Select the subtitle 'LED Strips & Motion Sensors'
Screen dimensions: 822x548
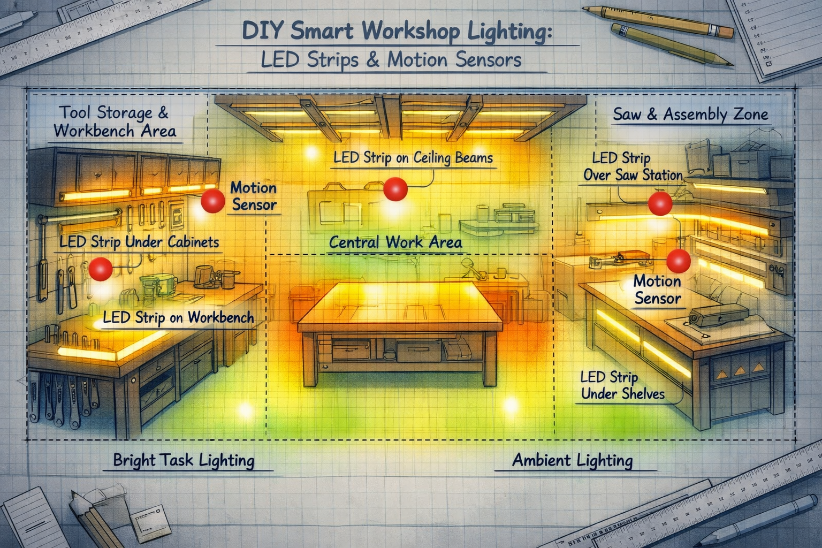[x=391, y=59]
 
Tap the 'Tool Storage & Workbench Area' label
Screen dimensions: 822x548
[x=115, y=121]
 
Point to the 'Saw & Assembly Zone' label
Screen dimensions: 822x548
[x=690, y=114]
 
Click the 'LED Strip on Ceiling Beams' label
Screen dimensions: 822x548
[x=413, y=158]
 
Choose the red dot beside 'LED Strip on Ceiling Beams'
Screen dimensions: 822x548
[x=396, y=189]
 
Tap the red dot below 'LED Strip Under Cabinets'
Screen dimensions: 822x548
[x=100, y=268]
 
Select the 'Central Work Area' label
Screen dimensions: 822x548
[x=395, y=242]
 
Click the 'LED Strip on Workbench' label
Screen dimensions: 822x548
[x=178, y=317]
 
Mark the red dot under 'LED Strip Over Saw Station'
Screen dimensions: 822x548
[x=660, y=204]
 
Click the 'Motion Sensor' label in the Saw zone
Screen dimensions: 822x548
[x=657, y=290]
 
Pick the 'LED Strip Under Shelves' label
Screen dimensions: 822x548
[x=622, y=385]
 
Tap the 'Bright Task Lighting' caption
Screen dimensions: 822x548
[x=184, y=460]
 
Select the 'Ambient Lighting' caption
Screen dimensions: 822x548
[x=572, y=460]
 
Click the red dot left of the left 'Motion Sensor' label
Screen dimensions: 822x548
[x=212, y=201]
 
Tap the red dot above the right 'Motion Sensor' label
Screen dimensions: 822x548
[x=679, y=261]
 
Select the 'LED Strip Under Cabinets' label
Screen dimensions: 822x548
[x=139, y=242]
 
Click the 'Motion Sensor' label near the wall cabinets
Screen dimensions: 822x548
[x=253, y=196]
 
